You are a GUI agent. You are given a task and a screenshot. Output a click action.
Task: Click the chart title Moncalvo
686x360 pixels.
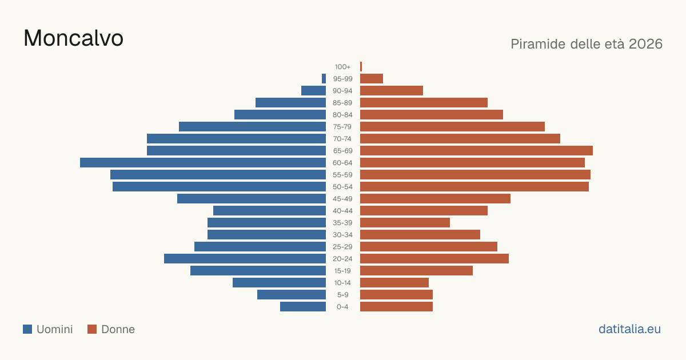pos(74,38)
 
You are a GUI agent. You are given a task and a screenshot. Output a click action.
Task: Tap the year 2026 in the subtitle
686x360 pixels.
pos(645,44)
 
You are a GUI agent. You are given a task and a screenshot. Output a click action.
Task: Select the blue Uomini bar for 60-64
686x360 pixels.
pos(203,162)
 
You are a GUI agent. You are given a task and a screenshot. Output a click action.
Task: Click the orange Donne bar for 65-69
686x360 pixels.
pos(476,151)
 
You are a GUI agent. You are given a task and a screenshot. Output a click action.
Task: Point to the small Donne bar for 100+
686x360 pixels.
pos(361,67)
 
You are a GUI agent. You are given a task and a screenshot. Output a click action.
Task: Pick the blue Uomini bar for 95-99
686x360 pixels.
pos(324,79)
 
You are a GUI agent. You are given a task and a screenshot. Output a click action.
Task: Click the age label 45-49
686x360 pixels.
pos(342,199)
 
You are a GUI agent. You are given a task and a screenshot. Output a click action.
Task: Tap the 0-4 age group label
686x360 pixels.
pos(342,307)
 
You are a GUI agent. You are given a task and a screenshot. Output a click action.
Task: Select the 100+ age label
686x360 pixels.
pos(342,67)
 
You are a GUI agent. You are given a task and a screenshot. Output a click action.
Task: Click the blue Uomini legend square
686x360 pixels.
pos(27,329)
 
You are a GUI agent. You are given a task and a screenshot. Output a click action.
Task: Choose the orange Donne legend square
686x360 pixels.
pos(92,329)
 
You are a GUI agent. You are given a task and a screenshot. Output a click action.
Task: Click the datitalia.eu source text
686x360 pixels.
pos(629,329)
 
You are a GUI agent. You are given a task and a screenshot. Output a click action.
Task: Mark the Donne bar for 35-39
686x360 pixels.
pos(405,222)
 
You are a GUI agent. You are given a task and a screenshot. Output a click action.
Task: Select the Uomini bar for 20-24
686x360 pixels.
pos(245,259)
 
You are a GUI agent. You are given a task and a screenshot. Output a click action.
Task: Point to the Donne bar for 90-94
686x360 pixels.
pos(392,91)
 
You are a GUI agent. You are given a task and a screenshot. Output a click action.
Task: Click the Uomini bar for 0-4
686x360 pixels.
pos(303,307)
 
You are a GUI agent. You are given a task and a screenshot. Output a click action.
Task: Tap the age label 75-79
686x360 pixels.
pos(342,127)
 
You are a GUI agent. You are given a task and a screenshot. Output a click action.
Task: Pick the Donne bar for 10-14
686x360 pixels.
pos(394,282)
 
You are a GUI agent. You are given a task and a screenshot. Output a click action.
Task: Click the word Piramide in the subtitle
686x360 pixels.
pos(538,44)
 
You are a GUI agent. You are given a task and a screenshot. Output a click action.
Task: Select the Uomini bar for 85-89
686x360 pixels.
pos(290,102)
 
